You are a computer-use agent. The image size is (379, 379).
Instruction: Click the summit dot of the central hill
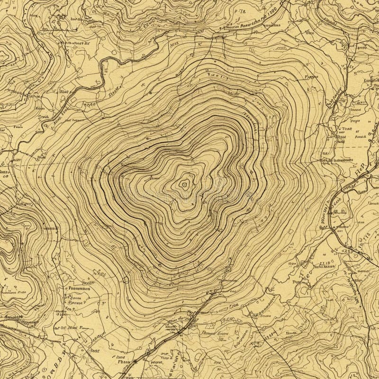[183, 185]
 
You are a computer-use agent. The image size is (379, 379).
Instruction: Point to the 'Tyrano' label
[310, 76]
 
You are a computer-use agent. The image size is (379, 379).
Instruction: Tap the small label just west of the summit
[153, 178]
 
